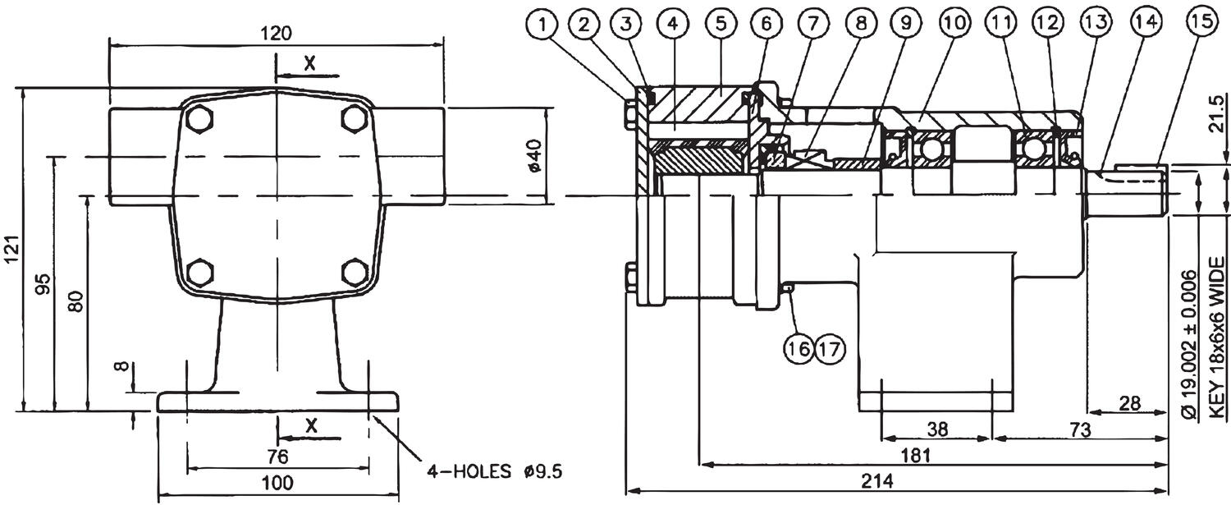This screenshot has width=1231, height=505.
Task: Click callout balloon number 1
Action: tap(542, 24)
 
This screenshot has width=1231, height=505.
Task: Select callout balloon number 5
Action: tap(721, 24)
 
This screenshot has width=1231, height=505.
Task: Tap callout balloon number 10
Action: tap(955, 24)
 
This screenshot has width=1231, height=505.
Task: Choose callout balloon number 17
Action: tap(830, 349)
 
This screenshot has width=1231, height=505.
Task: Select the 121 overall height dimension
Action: tap(12, 250)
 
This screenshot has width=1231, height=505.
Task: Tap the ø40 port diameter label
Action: tap(535, 156)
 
